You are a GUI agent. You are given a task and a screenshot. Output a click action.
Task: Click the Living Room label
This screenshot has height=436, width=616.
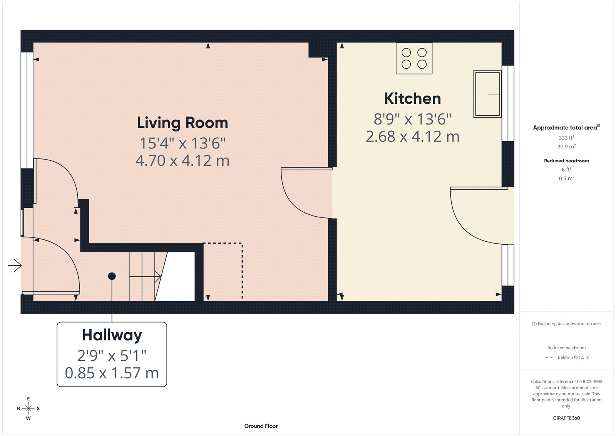pyautogui.click(x=182, y=123)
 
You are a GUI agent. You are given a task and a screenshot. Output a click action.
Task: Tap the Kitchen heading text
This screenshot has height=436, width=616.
pyautogui.click(x=412, y=99)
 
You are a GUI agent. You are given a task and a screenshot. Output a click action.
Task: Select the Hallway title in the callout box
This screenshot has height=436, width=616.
pyautogui.click(x=112, y=335)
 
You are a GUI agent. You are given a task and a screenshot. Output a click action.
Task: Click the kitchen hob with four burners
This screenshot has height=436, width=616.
pyautogui.click(x=414, y=58)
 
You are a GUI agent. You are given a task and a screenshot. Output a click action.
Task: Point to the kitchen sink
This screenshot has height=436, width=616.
pyautogui.click(x=487, y=94)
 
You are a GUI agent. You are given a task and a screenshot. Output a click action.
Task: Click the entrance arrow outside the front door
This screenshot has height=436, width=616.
pyautogui.click(x=15, y=265)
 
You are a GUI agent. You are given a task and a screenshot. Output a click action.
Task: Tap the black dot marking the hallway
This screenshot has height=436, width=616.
pyautogui.click(x=112, y=276)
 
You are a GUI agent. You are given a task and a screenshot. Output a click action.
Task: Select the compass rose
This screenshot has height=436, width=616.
pyautogui.click(x=28, y=408)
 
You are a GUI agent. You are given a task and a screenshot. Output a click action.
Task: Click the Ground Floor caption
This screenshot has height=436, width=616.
pyautogui.click(x=261, y=426)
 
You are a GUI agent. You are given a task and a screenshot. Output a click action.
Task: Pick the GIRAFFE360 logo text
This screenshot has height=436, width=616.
pyautogui.click(x=566, y=418)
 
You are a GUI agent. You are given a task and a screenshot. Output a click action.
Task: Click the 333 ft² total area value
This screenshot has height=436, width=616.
pyautogui.click(x=566, y=138)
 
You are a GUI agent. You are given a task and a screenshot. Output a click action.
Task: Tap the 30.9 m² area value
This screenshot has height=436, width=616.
pyautogui.click(x=566, y=146)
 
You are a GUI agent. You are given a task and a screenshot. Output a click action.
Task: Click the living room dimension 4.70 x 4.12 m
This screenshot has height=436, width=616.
pyautogui.click(x=182, y=161)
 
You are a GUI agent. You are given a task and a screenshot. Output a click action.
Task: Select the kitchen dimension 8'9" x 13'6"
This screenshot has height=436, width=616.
pyautogui.click(x=412, y=119)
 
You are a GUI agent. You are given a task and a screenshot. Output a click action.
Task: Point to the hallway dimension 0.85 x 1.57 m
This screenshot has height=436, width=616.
pyautogui.click(x=112, y=373)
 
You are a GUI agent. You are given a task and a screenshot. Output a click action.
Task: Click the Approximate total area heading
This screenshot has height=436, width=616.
pyautogui.click(x=566, y=128)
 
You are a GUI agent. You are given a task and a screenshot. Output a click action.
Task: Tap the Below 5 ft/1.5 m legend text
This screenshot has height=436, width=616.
pyautogui.click(x=573, y=357)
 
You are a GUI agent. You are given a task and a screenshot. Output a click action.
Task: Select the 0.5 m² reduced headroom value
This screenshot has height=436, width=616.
pyautogui.click(x=566, y=178)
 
